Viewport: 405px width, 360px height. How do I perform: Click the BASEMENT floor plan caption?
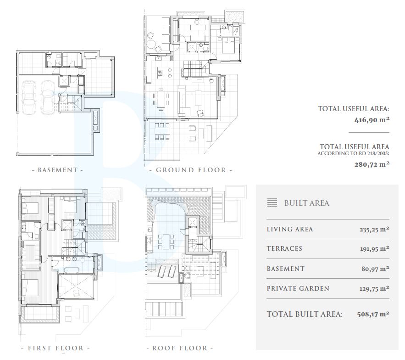[58, 170]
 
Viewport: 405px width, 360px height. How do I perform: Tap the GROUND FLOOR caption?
[191, 170]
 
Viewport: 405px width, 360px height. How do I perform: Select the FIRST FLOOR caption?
[56, 348]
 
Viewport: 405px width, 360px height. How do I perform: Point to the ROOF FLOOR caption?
[180, 348]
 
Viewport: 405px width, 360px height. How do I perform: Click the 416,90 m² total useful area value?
[372, 120]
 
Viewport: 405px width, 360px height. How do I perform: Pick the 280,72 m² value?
[372, 164]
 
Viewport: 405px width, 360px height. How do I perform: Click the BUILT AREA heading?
[307, 203]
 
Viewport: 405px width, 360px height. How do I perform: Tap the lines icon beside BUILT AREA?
[272, 202]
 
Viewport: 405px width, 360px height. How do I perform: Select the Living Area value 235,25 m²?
[374, 230]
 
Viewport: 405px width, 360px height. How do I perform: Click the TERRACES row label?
[284, 248]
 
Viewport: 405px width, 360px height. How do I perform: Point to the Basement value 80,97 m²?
[375, 269]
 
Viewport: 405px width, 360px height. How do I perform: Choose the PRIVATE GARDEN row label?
[298, 288]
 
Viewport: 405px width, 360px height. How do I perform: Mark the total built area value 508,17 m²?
[373, 314]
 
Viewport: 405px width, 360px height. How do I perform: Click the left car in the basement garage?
[29, 97]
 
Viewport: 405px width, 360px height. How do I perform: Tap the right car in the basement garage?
[48, 97]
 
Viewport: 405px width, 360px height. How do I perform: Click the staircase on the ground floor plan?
[195, 69]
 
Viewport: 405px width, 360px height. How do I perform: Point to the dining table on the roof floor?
[166, 242]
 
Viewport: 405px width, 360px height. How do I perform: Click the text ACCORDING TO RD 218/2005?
[353, 154]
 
